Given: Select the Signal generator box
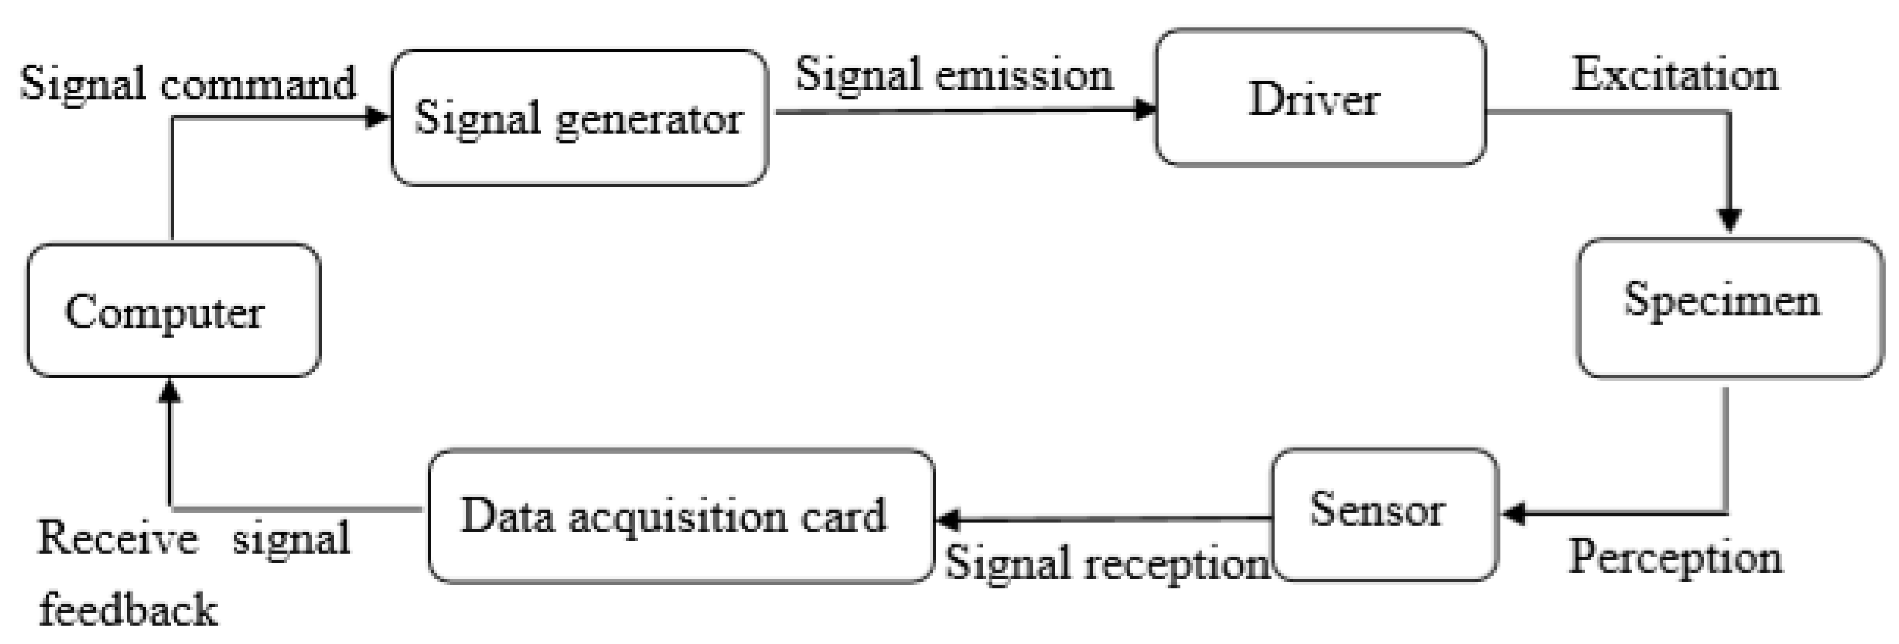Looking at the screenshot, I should coord(579,118).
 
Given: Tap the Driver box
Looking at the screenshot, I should coord(1320,97).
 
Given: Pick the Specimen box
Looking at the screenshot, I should coord(1729,308).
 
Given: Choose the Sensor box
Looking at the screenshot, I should coord(1385,514).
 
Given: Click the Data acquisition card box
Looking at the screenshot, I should coord(680,516).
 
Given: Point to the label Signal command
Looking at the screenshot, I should coord(188,82).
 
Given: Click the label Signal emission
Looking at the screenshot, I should coord(954,75).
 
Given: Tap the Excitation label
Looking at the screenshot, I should coord(1675,75).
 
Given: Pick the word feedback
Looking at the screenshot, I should coord(127,610).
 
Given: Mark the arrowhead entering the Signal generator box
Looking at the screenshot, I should coord(377,117).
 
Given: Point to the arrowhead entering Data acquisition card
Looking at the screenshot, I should coord(946,520).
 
